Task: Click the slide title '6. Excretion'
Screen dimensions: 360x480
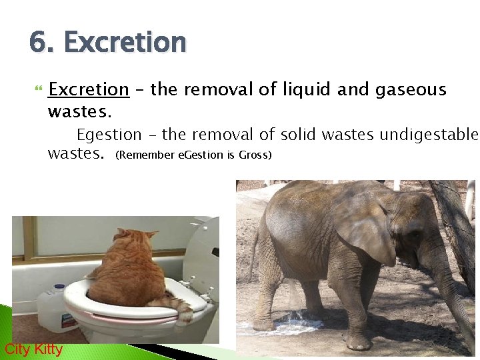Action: [x=107, y=43]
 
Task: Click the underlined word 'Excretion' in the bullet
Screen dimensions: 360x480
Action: [x=89, y=90]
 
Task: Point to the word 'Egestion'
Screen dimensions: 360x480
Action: [x=109, y=135]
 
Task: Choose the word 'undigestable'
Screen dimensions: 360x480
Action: [x=429, y=135]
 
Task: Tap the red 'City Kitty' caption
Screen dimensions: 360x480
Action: [x=33, y=349]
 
